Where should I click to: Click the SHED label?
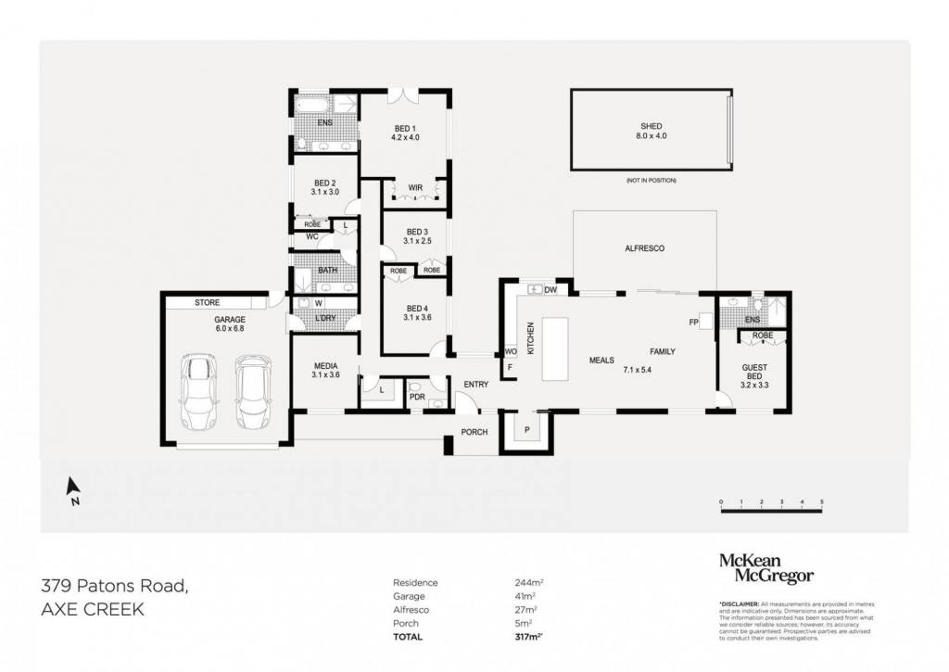pos(652,126)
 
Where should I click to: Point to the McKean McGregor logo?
pos(766,568)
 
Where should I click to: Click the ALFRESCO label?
pos(645,248)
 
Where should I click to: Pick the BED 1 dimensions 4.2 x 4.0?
pos(404,137)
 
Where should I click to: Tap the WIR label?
pos(415,188)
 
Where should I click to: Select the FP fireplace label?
pos(692,322)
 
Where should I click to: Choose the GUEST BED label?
pos(754,372)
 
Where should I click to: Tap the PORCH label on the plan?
pos(474,432)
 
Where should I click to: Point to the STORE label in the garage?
pos(207,302)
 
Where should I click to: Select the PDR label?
pos(417,398)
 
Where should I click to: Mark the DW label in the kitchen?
pos(550,290)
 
